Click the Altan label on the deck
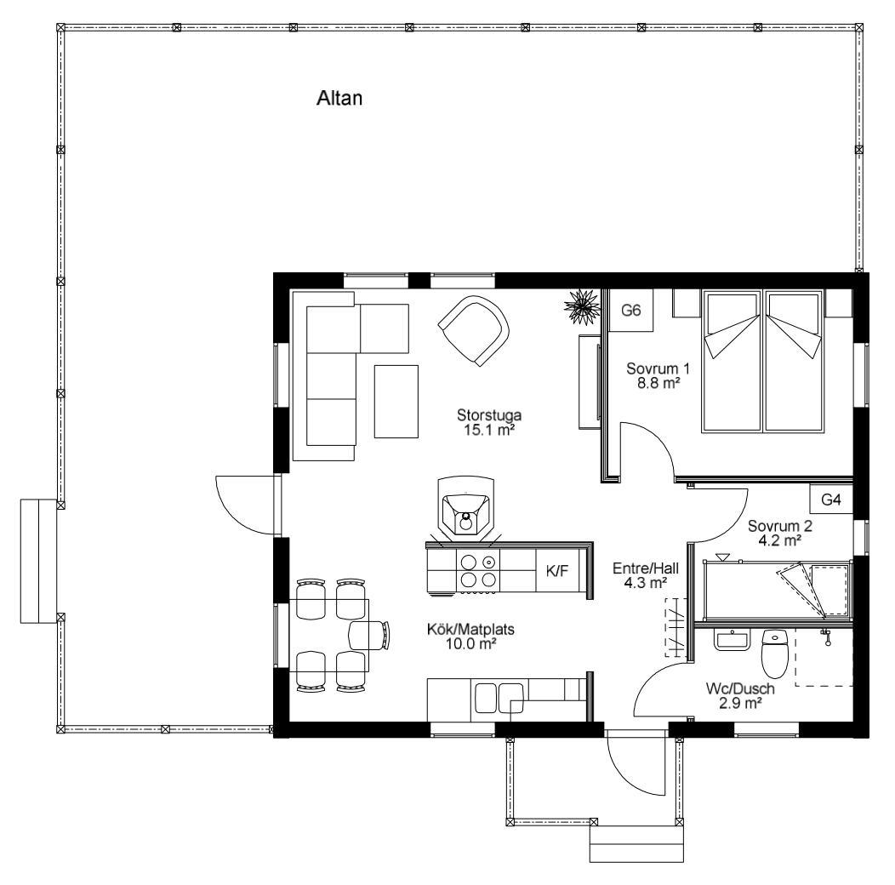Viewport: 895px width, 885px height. point(339,98)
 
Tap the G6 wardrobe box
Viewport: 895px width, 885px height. point(631,310)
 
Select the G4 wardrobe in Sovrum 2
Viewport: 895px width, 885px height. point(831,500)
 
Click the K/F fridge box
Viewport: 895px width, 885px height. point(557,570)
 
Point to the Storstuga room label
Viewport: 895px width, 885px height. point(489,414)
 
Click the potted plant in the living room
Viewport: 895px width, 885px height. point(582,306)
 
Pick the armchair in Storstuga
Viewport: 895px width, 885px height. point(474,330)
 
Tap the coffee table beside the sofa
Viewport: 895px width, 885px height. point(396,402)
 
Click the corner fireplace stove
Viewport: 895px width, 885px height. point(465,507)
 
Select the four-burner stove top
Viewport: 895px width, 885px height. point(478,570)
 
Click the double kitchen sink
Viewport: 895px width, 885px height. point(499,698)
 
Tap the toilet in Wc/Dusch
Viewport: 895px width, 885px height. point(775,654)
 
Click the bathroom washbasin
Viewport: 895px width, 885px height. point(732,639)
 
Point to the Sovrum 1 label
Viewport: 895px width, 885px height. point(658,368)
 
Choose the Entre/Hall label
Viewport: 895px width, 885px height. point(646,568)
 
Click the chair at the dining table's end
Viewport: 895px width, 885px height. point(371,635)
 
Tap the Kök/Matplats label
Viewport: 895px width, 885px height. point(471,629)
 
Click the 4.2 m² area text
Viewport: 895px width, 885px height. point(779,540)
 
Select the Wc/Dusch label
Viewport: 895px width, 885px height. point(740,688)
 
